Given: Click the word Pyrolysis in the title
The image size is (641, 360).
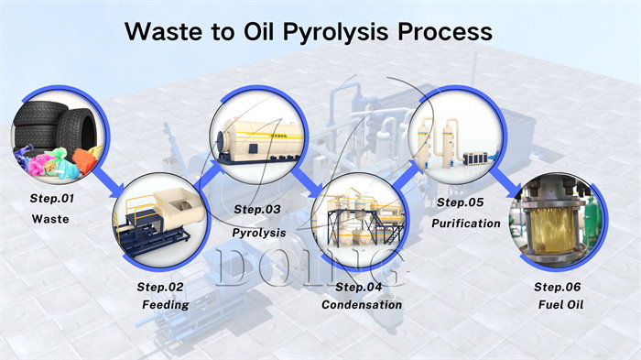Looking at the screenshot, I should point(316,31).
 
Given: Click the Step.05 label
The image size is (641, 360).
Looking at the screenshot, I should point(459,202).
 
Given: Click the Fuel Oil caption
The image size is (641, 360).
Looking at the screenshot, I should point(557,304).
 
